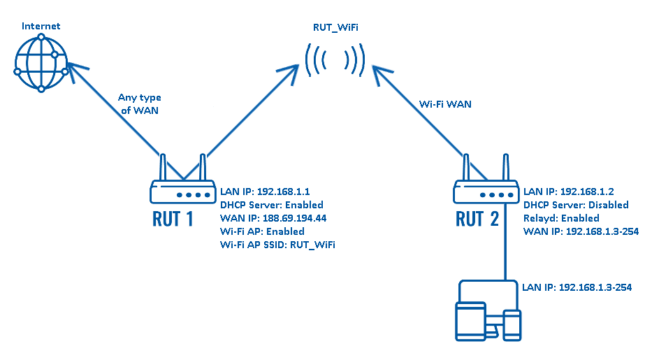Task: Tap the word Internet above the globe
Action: click(x=41, y=27)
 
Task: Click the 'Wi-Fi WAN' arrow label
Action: click(x=444, y=104)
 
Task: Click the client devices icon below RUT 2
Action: click(x=488, y=312)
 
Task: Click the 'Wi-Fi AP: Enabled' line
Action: click(x=262, y=231)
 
